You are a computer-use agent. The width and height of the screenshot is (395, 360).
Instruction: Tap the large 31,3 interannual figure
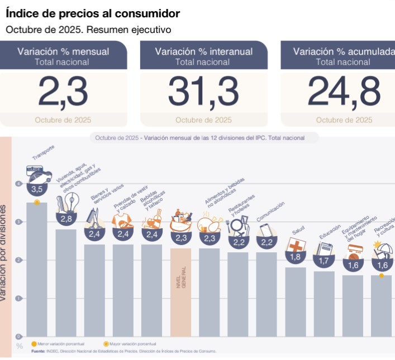pos(203,91)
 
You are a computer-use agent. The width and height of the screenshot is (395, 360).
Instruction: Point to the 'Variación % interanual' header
pos(203,51)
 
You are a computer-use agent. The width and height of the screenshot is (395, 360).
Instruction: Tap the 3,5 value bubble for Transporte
pos(37,189)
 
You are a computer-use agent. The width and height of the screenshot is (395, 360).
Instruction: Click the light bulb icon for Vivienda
pos(62,201)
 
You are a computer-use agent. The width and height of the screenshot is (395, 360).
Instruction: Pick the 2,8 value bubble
pos(65,218)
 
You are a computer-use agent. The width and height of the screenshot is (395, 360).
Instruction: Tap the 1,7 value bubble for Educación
pos(323,260)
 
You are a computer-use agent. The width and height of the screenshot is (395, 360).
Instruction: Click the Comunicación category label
pos(271,212)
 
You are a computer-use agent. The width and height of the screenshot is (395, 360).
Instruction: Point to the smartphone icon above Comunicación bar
pos(265,229)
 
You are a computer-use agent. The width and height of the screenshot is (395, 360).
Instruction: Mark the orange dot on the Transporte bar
pos(37,202)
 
